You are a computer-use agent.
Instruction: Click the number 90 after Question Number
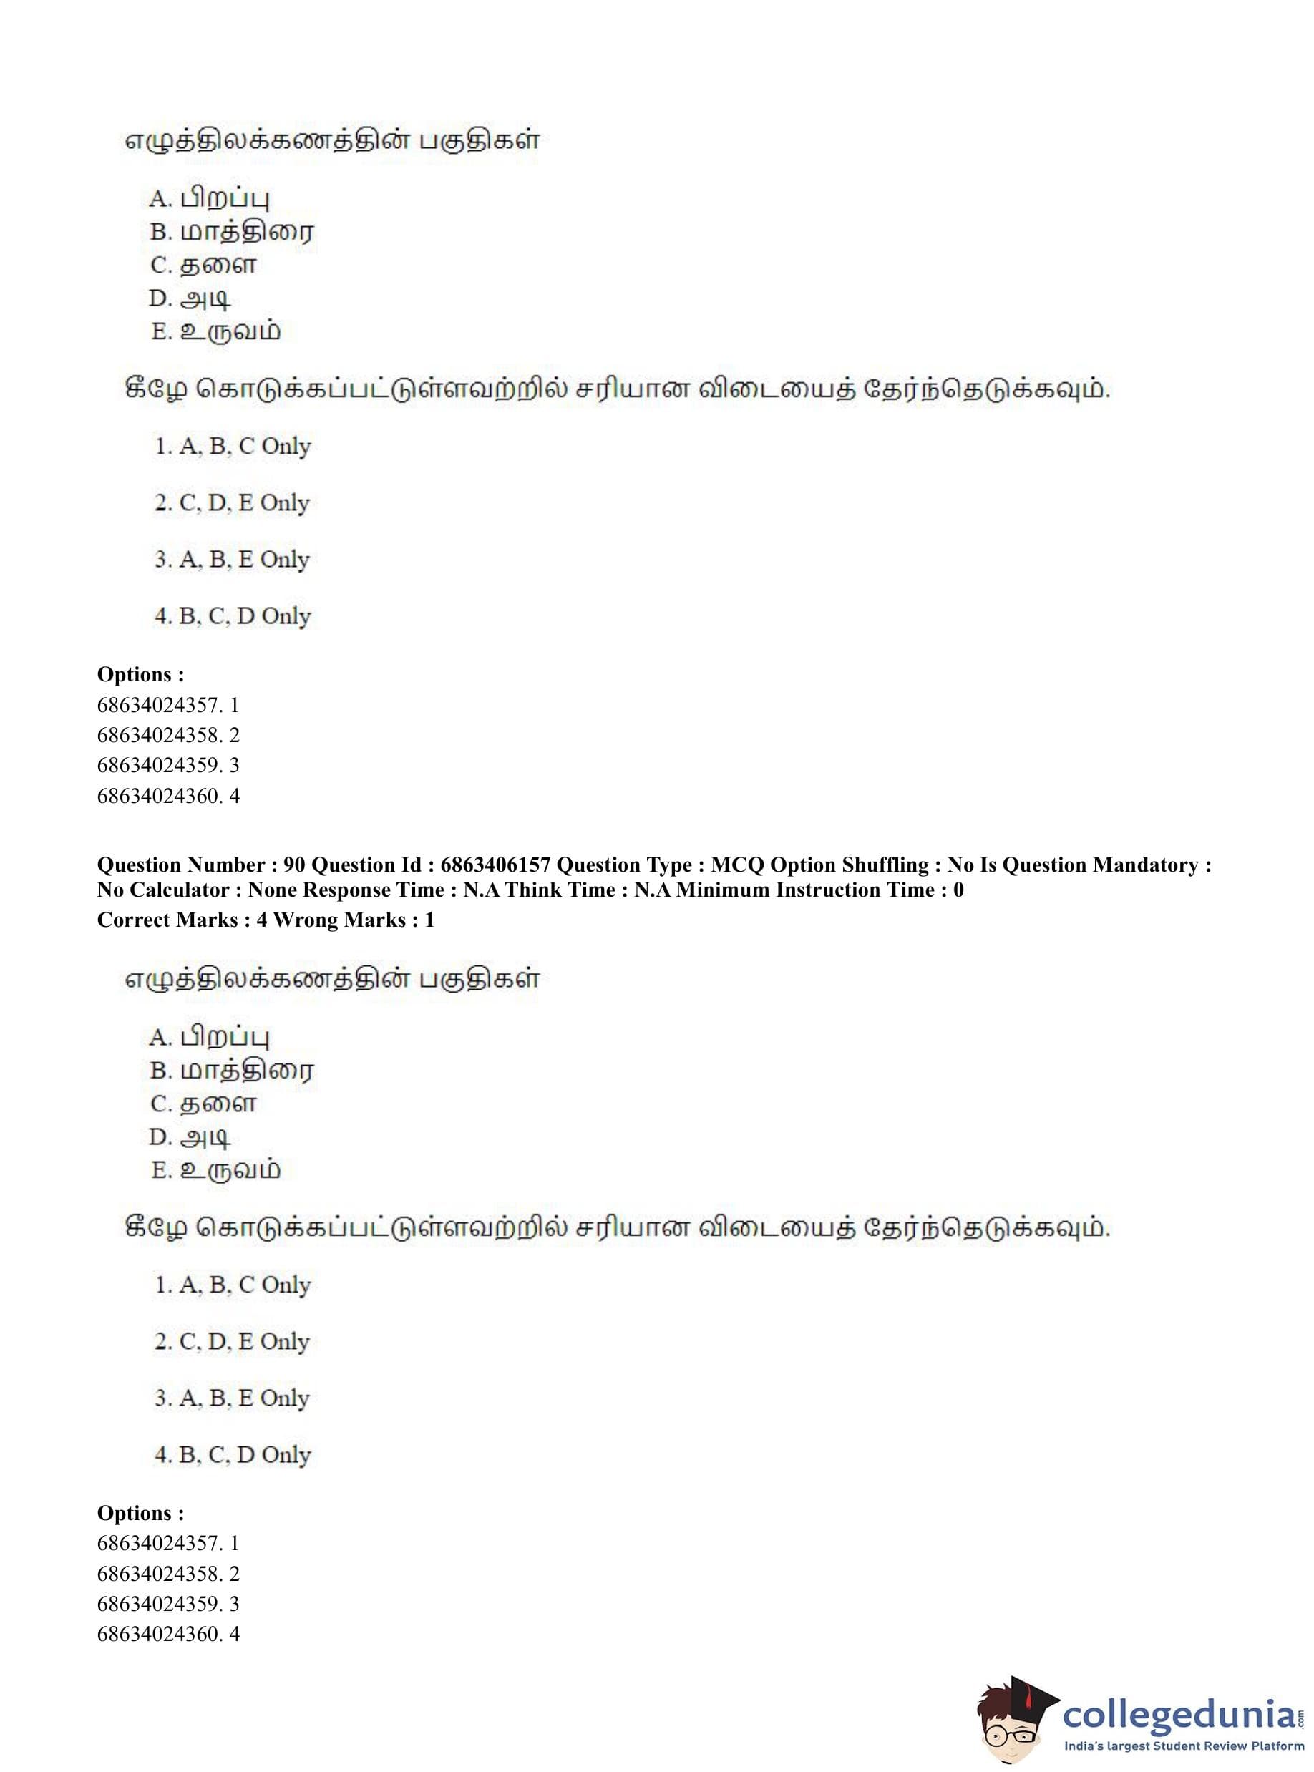pyautogui.click(x=293, y=865)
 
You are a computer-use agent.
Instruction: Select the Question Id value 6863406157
pyautogui.click(x=495, y=865)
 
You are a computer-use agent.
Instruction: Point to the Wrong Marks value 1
pyautogui.click(x=429, y=920)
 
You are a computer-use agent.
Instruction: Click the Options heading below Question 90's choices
pyautogui.click(x=140, y=1514)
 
